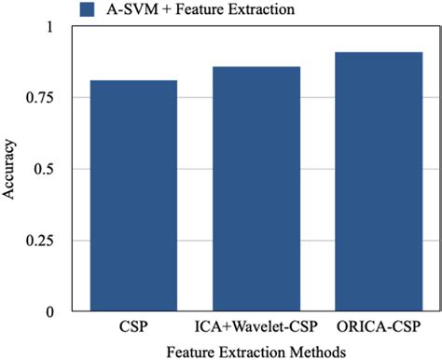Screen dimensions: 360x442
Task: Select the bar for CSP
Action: (x=133, y=196)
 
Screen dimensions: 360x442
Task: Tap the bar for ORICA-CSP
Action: (x=379, y=182)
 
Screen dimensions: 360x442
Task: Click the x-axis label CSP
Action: (x=133, y=327)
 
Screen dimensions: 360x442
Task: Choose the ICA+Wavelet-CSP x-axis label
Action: (x=256, y=327)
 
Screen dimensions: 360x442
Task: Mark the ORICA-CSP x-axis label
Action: (x=379, y=327)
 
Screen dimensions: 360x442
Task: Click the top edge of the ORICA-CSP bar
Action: (x=379, y=52)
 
